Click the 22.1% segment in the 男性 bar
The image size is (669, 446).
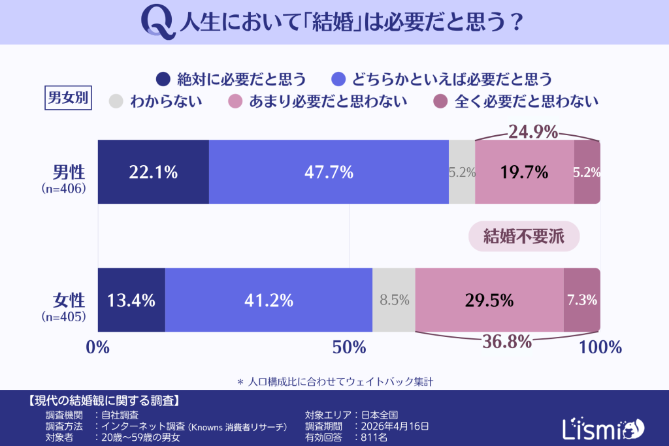click(154, 172)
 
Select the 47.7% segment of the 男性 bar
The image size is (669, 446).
click(329, 172)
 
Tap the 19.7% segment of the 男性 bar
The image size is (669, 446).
click(524, 172)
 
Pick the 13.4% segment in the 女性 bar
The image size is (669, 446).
click(131, 300)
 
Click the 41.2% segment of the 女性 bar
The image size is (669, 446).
click(269, 300)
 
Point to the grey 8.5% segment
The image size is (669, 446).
click(394, 300)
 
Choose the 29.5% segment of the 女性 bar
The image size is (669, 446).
click(489, 300)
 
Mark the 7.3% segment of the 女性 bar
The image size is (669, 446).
click(582, 300)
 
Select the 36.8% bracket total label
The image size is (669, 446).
click(506, 342)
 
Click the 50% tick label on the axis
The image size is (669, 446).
click(349, 347)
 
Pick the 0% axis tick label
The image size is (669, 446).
click(98, 347)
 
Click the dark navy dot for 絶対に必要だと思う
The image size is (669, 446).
click(163, 80)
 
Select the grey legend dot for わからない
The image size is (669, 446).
click(116, 101)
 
